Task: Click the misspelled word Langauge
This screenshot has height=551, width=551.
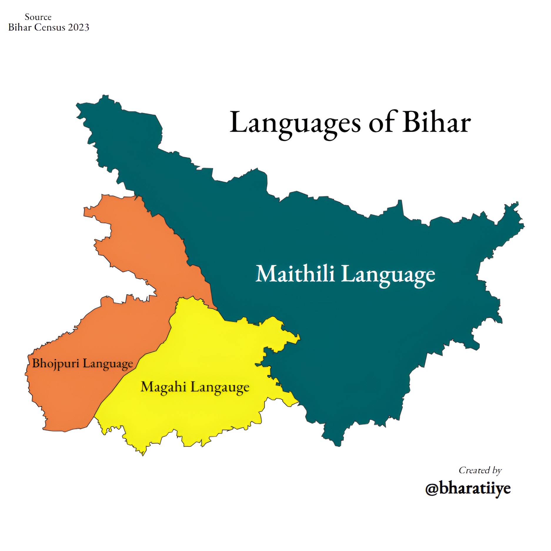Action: click(x=220, y=388)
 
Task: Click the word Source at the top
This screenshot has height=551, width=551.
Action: click(x=38, y=17)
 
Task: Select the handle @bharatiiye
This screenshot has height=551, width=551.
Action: click(x=468, y=489)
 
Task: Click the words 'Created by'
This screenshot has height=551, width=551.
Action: click(x=480, y=470)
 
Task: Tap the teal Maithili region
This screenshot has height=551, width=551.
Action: click(x=353, y=338)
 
